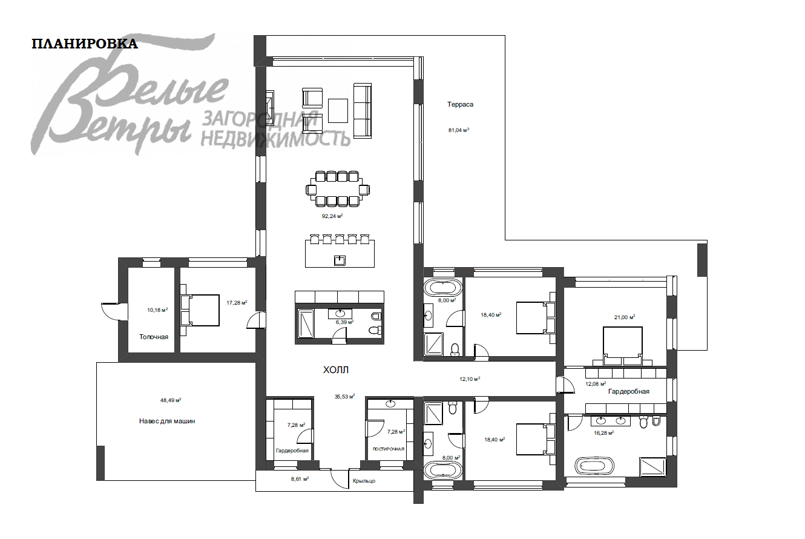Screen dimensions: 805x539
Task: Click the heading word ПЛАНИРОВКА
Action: click(x=85, y=44)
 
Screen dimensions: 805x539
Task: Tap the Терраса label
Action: click(x=460, y=104)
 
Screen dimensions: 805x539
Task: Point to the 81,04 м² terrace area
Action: click(x=459, y=130)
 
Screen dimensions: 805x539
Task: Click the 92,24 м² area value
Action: click(x=332, y=216)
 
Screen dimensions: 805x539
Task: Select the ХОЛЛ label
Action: click(x=336, y=370)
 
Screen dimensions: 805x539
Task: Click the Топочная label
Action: click(x=154, y=337)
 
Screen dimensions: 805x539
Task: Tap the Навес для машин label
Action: click(x=167, y=421)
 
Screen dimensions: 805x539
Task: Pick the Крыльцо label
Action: click(x=364, y=481)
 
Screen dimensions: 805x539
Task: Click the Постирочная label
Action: click(x=389, y=449)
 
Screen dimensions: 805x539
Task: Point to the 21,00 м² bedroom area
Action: click(x=624, y=317)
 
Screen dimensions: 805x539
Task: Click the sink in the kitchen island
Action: click(x=339, y=260)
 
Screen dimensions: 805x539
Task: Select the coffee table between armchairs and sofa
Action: click(x=338, y=111)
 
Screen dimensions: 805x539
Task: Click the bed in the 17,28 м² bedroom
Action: click(x=200, y=310)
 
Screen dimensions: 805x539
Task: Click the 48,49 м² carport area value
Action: click(x=170, y=400)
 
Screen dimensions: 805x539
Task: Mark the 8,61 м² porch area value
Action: click(x=300, y=479)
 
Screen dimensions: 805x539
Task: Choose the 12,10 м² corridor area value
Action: click(x=470, y=379)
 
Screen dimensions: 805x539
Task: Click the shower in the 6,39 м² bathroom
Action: click(x=306, y=323)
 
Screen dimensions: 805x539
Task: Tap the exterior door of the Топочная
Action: click(x=114, y=311)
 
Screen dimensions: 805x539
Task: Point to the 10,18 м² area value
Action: click(x=157, y=310)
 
